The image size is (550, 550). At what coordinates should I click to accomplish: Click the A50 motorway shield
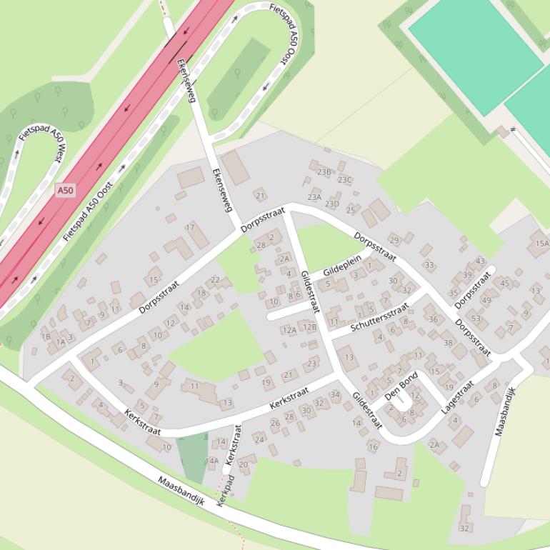coord(65,190)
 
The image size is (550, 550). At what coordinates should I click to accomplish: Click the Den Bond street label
coord(401,386)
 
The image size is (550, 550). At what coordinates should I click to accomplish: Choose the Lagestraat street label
coord(458,396)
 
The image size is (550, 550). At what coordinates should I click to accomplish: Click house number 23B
coord(324,172)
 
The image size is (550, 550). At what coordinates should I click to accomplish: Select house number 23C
coord(345,180)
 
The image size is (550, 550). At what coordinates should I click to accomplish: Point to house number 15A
coord(541,244)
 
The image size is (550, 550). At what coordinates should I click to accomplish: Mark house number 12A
coord(289,330)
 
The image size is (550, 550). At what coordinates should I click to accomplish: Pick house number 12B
coord(309,327)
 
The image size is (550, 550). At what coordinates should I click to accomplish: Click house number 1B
coord(46,336)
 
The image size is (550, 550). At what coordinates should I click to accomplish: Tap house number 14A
coord(213,461)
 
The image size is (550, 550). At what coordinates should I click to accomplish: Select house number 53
coord(476,319)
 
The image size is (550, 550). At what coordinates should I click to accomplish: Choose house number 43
coord(480,261)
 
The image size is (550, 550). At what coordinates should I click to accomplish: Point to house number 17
coord(190,227)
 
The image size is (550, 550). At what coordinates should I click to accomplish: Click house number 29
coord(394,240)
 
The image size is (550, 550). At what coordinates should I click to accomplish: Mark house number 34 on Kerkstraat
coord(335,394)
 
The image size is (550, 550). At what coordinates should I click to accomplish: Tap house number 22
coord(216,279)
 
